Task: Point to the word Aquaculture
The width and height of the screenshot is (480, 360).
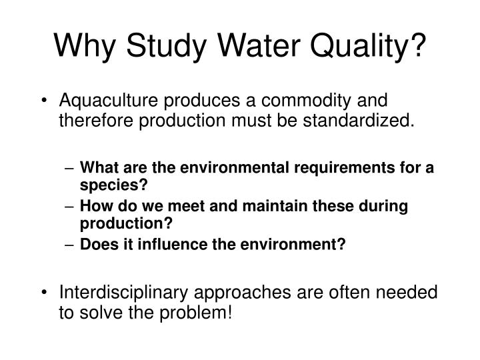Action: click(x=108, y=102)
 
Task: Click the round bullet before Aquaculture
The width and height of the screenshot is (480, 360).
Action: click(x=45, y=102)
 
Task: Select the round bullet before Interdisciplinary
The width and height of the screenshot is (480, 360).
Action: click(x=45, y=294)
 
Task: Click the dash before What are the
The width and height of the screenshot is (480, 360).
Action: click(x=70, y=168)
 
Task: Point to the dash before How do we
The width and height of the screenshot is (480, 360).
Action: click(x=70, y=206)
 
